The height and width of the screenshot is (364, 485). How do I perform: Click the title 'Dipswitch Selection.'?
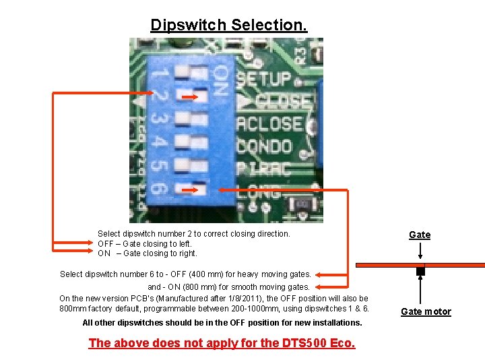point(229,25)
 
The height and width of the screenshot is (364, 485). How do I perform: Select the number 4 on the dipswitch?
point(159,142)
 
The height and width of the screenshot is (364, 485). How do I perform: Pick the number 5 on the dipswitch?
point(159,165)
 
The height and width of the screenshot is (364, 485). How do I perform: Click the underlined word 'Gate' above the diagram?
point(420,235)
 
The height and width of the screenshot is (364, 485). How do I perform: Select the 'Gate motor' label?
point(426,311)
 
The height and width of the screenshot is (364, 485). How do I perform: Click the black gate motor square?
point(420,272)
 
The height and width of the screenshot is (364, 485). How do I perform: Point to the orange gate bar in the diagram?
point(458,265)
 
